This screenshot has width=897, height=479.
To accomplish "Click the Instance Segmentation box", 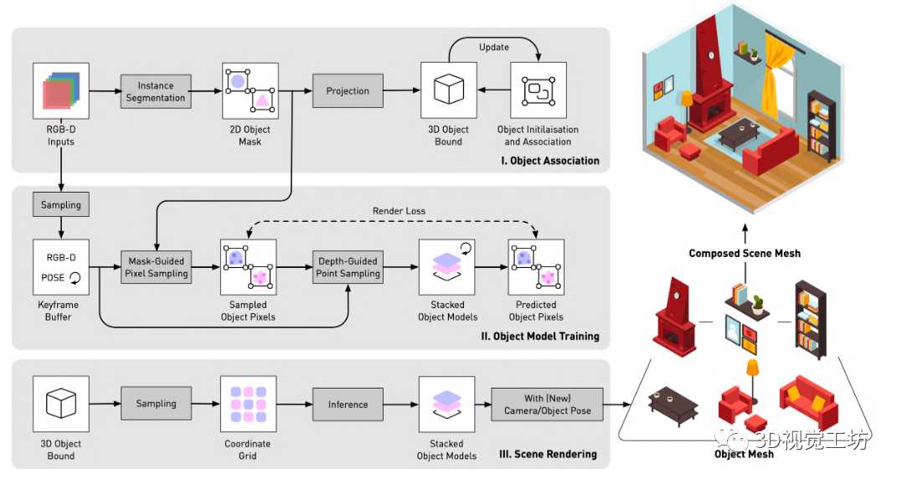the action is (156, 91).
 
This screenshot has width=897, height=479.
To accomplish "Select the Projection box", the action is (348, 90).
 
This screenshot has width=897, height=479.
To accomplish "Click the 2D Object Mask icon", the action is (250, 91).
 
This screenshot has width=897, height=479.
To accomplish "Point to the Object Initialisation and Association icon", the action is (539, 90).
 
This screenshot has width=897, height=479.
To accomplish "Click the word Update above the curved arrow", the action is (493, 47).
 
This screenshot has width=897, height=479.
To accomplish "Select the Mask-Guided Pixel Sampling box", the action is (156, 266).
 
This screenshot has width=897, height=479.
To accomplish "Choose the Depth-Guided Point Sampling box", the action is (348, 266).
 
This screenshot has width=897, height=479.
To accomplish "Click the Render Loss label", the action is (399, 210).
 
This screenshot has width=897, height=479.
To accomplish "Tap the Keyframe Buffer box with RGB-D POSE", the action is (60, 267).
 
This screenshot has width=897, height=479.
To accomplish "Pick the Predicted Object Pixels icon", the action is (536, 267).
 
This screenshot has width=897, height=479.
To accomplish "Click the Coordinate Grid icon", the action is (248, 404).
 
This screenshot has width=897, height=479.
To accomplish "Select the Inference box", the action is (348, 404).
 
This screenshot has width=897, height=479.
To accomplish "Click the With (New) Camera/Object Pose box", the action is (547, 404).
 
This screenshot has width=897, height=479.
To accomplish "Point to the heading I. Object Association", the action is (549, 161).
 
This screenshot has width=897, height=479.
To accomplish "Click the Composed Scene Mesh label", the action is (745, 253).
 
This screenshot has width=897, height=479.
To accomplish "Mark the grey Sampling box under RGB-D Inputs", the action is (60, 204).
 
